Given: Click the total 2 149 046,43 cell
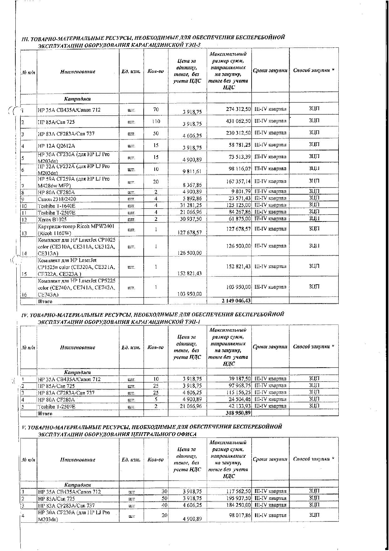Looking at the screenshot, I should [x=236, y=301].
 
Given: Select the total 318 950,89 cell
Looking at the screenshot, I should [x=238, y=413].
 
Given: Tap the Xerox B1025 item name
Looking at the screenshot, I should [x=52, y=219].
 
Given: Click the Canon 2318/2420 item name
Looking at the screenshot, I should [x=57, y=199].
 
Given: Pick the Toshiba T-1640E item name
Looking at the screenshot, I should [x=56, y=206].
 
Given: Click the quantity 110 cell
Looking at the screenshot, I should [x=156, y=122].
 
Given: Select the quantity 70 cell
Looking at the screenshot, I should [x=156, y=109].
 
